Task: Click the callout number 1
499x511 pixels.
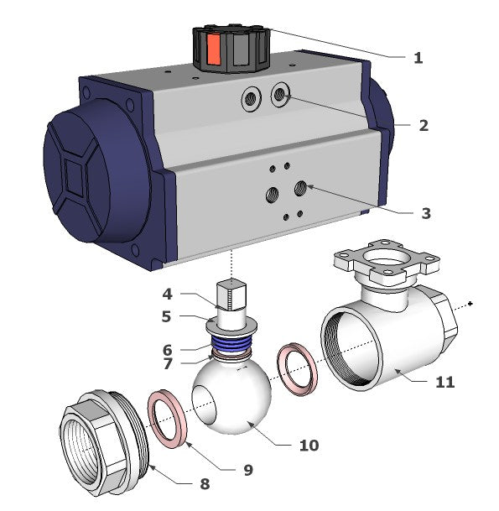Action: click(x=418, y=58)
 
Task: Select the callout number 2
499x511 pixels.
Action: click(x=424, y=126)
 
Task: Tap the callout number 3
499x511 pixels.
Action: click(x=426, y=213)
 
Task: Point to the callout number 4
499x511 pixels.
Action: click(x=167, y=295)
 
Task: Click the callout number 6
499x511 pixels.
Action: click(x=167, y=350)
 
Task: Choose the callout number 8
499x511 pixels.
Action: click(x=205, y=483)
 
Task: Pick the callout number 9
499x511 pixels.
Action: click(x=248, y=470)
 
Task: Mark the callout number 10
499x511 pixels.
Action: click(x=309, y=446)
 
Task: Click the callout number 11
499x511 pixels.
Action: click(x=445, y=382)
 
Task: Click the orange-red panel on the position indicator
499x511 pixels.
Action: click(x=214, y=50)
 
